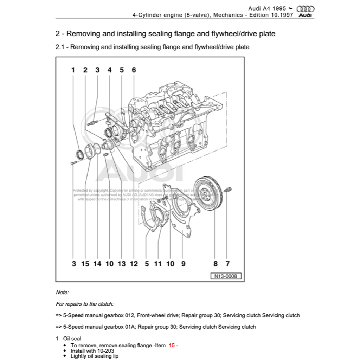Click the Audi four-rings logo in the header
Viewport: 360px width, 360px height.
305,9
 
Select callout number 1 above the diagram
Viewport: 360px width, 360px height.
73,70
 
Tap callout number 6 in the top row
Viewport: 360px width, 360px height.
134,70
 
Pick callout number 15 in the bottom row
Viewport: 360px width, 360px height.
85,264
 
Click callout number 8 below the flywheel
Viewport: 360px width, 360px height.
215,264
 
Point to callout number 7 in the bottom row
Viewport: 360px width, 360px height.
227,264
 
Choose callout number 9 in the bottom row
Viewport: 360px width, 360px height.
183,264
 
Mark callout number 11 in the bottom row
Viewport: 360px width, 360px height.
158,264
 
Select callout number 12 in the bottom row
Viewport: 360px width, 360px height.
134,264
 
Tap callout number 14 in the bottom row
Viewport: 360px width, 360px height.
97,264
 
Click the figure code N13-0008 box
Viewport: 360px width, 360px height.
226,276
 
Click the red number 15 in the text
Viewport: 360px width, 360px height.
172,345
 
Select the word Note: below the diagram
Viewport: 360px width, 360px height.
62,292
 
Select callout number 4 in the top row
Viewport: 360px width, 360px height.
109,70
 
